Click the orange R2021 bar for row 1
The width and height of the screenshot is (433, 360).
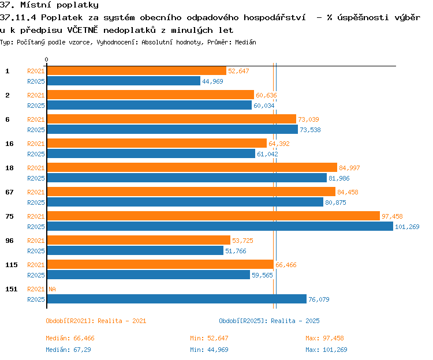point(137,71)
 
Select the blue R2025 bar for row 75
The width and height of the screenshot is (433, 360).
point(220,227)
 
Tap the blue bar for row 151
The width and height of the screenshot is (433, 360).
point(177,299)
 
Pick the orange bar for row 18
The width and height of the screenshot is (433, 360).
point(192,167)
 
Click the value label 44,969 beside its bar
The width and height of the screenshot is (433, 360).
point(212,81)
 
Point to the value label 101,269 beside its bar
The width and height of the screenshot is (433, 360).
point(407,227)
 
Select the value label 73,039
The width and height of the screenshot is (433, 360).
point(308,119)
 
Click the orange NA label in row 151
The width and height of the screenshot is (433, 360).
point(52,289)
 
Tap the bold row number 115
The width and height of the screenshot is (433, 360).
point(12,265)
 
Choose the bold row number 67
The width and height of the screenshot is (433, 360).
point(9,192)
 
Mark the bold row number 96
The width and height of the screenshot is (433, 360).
point(9,241)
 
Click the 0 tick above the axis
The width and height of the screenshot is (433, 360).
point(46,59)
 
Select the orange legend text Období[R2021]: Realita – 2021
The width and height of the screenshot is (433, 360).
point(96,321)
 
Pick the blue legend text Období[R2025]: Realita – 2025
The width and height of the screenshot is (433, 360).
point(269,321)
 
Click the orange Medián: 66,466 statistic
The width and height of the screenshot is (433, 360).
point(70,338)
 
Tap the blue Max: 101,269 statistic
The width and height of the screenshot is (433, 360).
point(326,350)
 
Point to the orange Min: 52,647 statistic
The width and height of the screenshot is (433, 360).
point(209,338)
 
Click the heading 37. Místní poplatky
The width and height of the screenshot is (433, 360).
point(49,5)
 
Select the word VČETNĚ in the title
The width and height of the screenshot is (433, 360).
point(83,30)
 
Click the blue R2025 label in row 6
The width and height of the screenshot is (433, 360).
point(36,130)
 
